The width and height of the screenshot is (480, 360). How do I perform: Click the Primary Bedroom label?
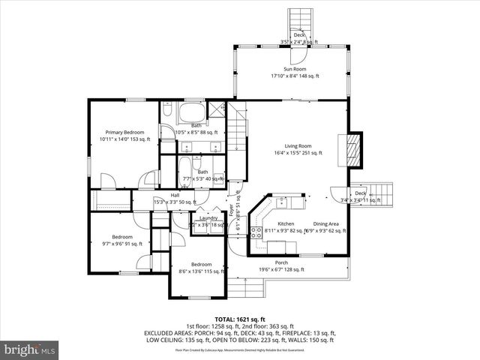[124, 132]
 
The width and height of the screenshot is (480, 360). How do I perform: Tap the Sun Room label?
[295, 69]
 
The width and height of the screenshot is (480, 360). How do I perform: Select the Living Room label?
[297, 146]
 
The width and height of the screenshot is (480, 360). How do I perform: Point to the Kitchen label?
[286, 224]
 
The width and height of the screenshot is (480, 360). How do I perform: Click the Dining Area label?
[326, 224]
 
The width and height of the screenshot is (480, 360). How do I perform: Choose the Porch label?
[281, 262]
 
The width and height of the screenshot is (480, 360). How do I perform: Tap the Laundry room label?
[208, 217]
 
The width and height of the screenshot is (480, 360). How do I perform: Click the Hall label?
[174, 196]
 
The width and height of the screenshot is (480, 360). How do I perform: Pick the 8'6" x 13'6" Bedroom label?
[200, 264]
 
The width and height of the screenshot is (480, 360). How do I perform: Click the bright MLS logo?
[30, 349]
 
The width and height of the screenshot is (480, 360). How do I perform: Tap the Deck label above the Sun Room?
[299, 35]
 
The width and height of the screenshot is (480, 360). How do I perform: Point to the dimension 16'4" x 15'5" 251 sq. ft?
[297, 153]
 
